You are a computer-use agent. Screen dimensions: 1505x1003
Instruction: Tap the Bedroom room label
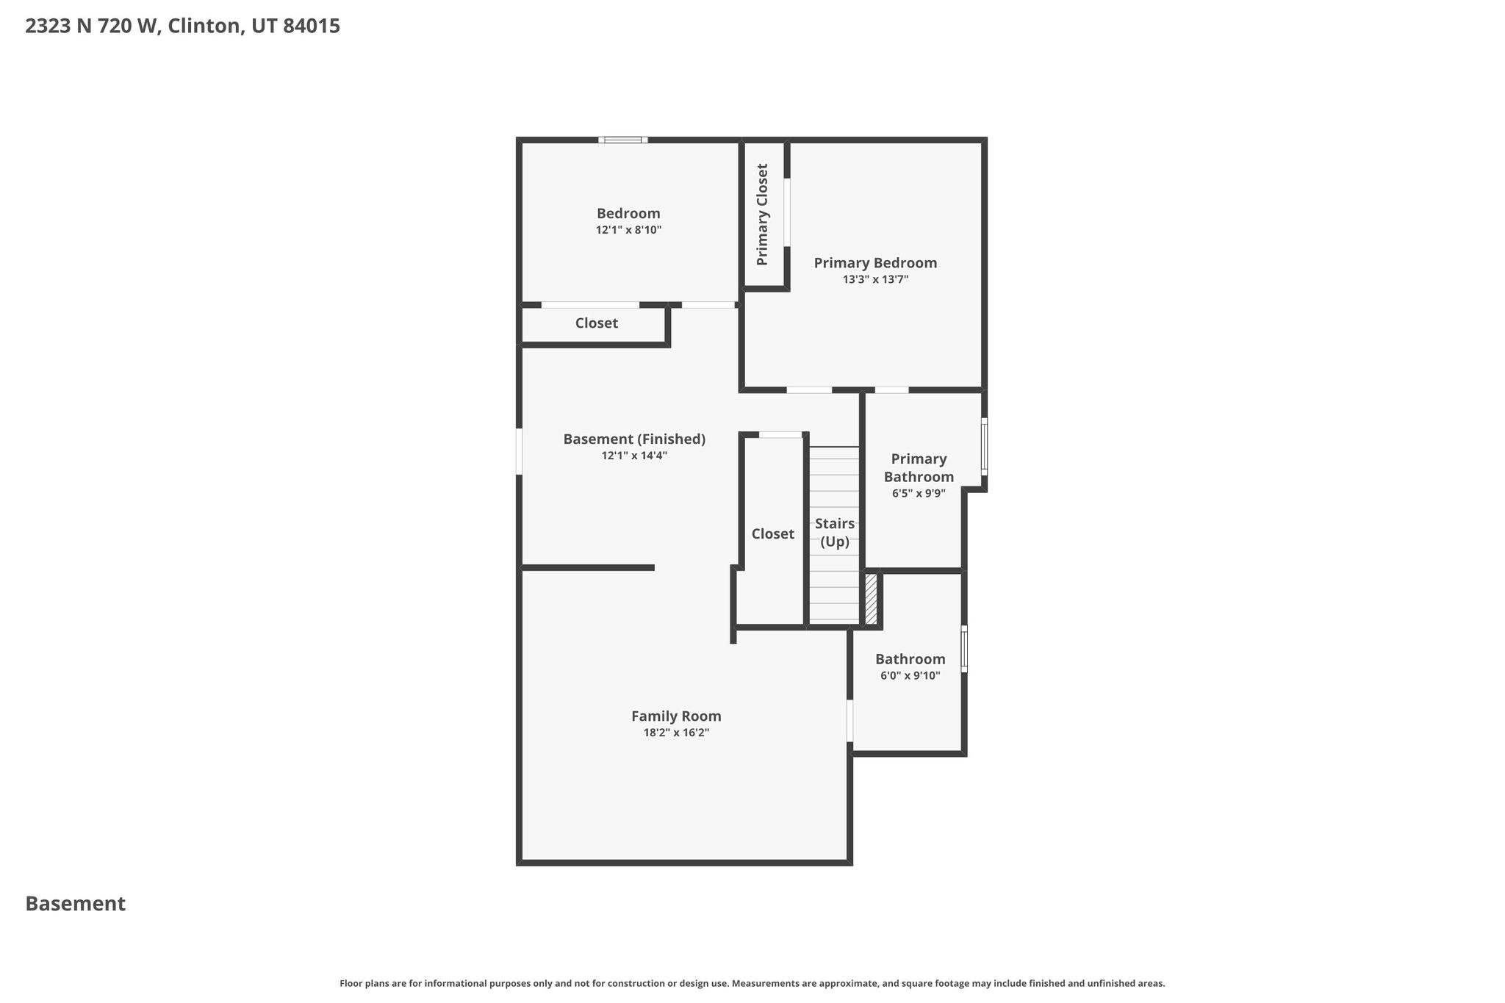(628, 213)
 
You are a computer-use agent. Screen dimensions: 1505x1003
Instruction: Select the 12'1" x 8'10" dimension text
(628, 230)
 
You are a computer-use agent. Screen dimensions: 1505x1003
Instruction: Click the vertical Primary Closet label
(762, 215)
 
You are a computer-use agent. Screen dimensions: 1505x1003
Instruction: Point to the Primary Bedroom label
(875, 263)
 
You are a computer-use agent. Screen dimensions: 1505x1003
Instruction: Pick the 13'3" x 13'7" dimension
(875, 279)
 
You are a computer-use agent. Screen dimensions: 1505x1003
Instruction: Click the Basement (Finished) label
(634, 439)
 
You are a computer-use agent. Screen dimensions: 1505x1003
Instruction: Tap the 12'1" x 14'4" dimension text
(634, 456)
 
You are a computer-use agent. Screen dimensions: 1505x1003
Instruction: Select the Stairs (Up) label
(835, 533)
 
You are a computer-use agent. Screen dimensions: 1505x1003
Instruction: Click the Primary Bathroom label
(919, 467)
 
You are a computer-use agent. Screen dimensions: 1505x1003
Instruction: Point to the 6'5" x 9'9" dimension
(919, 494)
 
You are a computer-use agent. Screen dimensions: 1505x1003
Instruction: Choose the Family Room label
(676, 716)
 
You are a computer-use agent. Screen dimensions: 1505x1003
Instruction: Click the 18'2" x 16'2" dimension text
(676, 733)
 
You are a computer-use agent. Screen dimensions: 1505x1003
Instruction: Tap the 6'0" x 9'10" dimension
(910, 676)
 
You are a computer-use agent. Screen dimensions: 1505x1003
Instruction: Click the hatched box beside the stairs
(871, 599)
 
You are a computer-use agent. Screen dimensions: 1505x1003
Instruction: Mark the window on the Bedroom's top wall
(622, 140)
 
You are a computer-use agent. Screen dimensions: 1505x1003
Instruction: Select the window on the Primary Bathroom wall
(984, 446)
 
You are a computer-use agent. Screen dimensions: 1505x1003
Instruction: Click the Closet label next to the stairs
(772, 534)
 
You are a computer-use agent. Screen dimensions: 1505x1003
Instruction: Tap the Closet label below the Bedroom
(596, 323)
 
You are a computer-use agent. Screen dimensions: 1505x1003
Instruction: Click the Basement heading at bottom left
(75, 904)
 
